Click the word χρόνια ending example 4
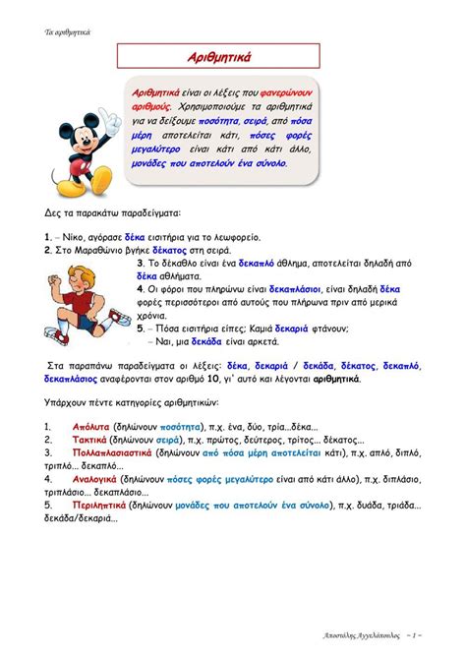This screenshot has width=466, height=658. coord(150,316)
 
